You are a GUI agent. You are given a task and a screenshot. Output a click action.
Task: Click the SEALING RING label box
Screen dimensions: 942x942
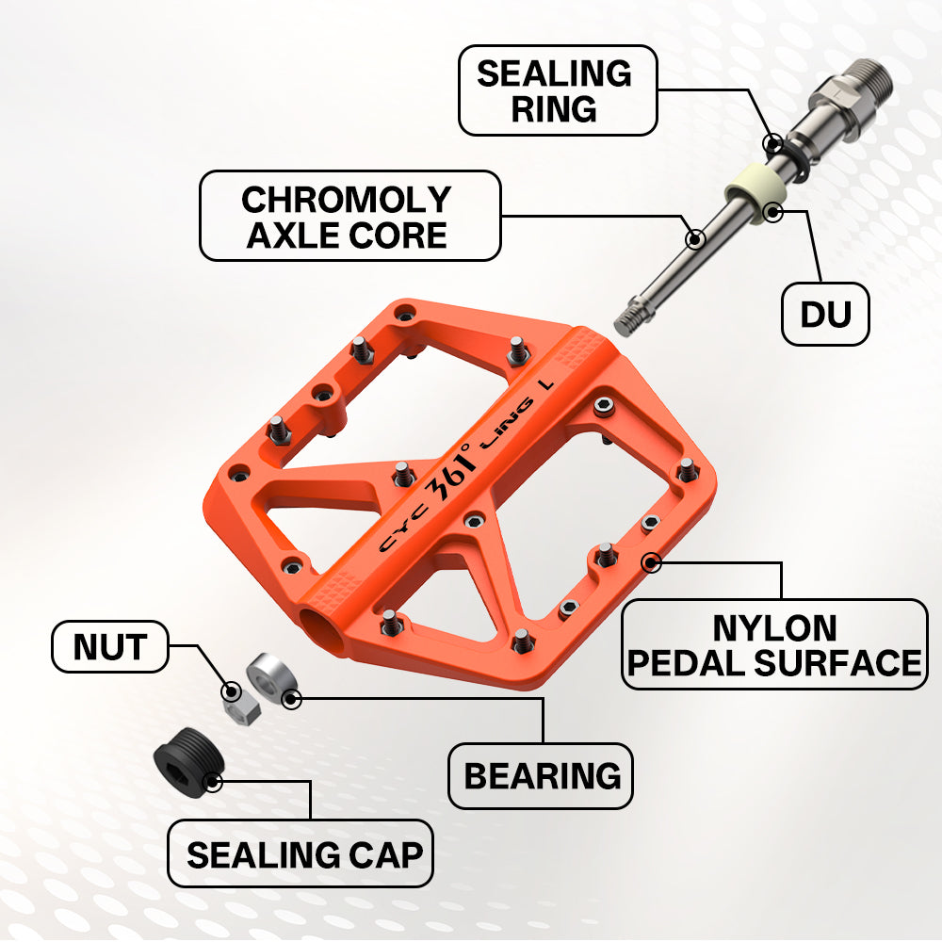(558, 90)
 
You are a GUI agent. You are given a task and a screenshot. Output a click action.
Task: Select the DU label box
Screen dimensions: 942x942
(825, 314)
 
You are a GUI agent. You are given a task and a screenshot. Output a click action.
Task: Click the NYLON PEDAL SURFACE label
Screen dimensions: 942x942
(774, 644)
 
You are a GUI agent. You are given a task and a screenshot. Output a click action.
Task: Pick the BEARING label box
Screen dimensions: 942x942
(541, 775)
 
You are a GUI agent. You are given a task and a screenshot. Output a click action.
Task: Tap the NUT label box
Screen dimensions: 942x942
(110, 646)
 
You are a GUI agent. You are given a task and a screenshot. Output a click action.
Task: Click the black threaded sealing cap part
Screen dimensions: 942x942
(188, 762)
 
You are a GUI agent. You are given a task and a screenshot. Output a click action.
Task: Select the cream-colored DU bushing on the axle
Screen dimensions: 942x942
(755, 192)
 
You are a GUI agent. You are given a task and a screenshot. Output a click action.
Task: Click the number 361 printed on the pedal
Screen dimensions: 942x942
(450, 476)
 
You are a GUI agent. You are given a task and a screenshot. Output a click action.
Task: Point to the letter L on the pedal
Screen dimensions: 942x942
(546, 383)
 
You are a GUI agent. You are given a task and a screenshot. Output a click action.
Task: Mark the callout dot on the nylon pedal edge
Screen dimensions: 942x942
(651, 563)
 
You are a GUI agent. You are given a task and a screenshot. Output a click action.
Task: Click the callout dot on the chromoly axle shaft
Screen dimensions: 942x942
(695, 239)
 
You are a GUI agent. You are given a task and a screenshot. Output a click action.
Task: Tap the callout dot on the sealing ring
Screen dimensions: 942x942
(773, 143)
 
